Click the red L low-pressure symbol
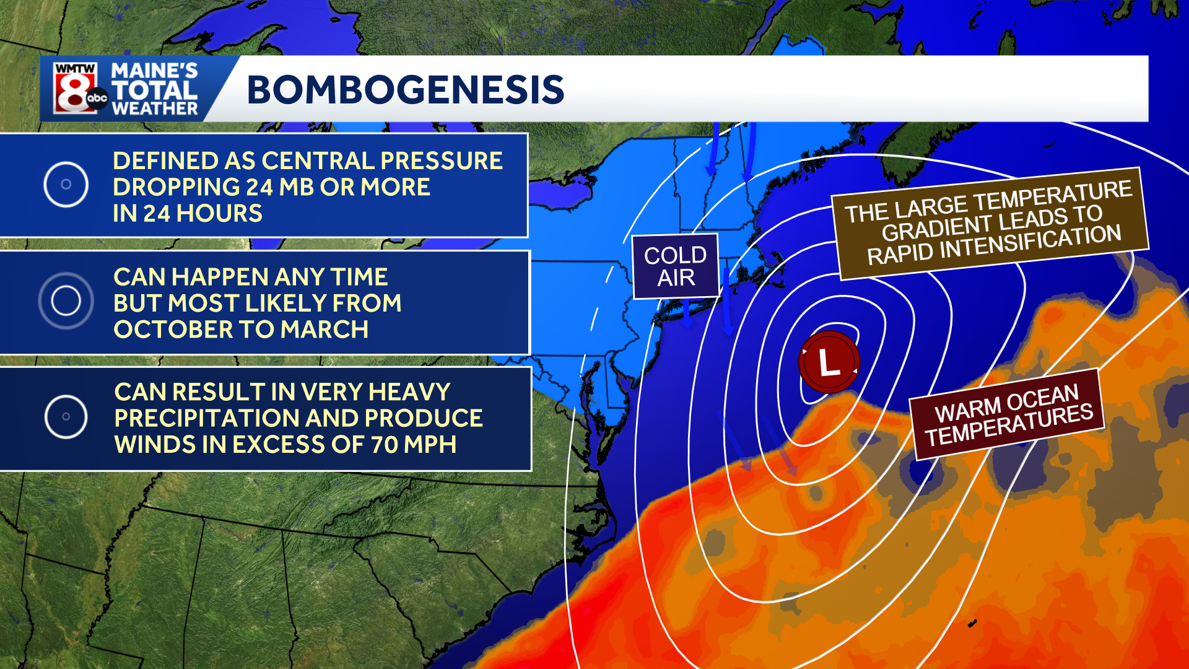(829, 362)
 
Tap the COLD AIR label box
(675, 266)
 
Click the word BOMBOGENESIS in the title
(406, 90)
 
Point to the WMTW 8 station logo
(76, 89)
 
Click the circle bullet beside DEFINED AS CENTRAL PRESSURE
(66, 185)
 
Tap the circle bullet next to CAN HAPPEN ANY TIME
(66, 301)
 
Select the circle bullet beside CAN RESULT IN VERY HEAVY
(66, 417)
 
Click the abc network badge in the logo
(97, 98)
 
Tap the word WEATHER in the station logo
(155, 109)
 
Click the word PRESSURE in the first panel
(441, 161)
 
